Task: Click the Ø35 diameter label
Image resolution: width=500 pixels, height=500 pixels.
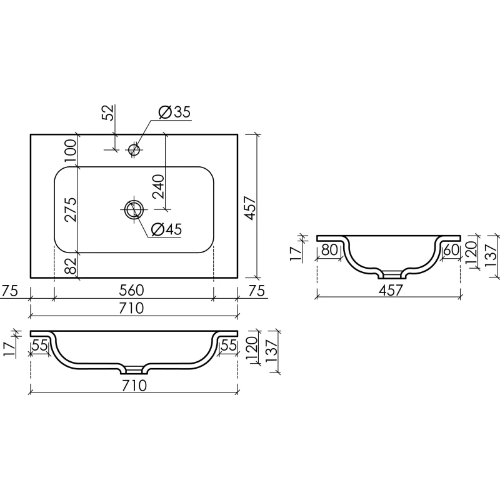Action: click(174, 112)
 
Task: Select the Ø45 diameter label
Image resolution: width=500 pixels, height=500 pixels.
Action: click(166, 229)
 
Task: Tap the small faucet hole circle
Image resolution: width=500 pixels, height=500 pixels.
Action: click(134, 149)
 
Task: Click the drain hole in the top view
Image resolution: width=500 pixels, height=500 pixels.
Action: click(134, 209)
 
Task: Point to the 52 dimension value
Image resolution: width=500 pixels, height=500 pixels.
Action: click(109, 112)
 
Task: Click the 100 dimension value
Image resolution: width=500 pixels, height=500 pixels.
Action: click(71, 151)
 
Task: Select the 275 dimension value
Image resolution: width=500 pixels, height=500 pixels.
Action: click(71, 209)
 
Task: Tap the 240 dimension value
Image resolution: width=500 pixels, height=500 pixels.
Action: click(158, 186)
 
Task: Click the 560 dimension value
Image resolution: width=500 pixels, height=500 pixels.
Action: click(132, 290)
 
